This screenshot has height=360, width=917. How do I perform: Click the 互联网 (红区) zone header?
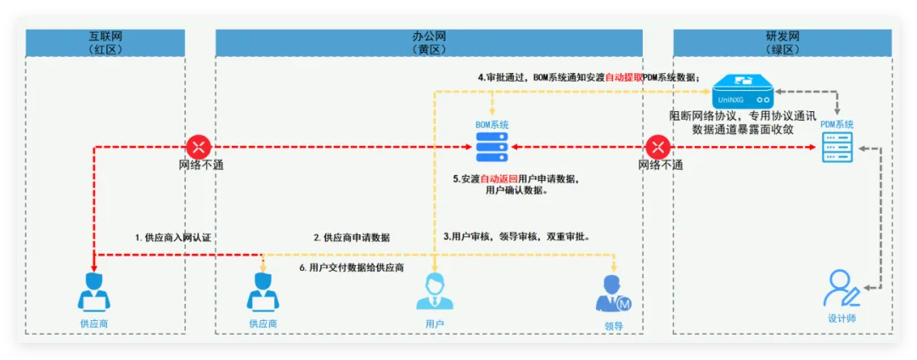tap(105, 42)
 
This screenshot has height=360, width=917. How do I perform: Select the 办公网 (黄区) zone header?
tap(428, 42)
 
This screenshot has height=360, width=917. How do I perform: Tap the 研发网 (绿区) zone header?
tap(782, 42)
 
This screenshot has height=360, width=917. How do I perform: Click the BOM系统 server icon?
tap(492, 148)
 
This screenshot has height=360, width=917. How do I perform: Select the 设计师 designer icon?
tap(841, 290)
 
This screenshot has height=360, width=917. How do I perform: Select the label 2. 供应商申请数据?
tap(352, 239)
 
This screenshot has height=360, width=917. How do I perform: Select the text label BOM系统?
tap(492, 125)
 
